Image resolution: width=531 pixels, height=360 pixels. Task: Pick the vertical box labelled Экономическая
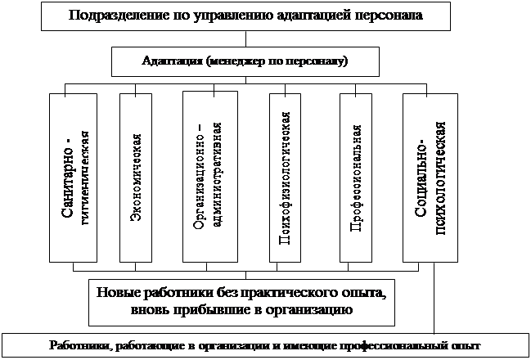pyautogui.click(x=136, y=177)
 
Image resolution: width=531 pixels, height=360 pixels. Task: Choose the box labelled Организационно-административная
pyautogui.click(x=209, y=177)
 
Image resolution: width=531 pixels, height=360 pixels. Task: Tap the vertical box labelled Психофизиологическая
pyautogui.click(x=286, y=177)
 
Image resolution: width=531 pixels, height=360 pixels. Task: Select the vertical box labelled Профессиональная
pyautogui.click(x=357, y=177)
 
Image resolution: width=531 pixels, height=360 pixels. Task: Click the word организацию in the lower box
pyautogui.click(x=312, y=311)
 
